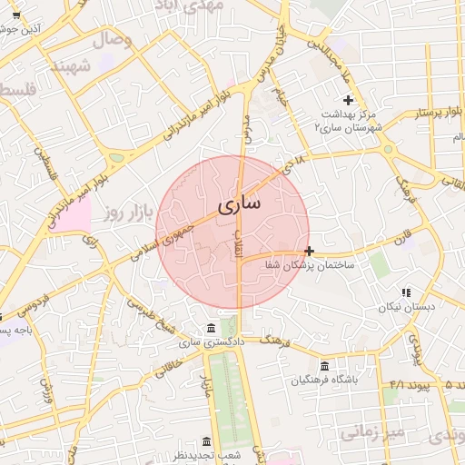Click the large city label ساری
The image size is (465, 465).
[239, 203]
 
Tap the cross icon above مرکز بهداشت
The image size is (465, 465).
[347, 99]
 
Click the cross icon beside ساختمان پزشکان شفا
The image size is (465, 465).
[310, 251]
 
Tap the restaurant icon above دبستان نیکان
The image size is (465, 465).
[406, 292]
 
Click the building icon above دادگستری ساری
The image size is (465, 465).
[211, 328]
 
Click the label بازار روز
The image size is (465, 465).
[124, 213]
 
